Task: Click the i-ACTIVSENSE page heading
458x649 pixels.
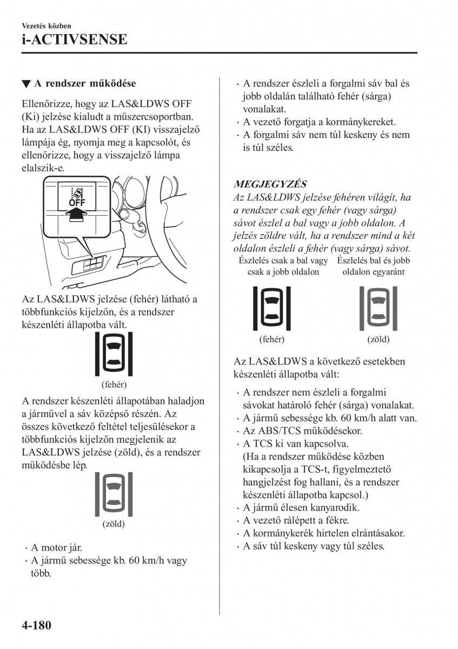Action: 75,39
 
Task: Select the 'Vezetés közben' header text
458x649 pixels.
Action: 47,25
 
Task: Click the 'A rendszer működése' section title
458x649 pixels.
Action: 85,84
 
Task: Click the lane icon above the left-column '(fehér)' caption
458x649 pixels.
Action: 114,354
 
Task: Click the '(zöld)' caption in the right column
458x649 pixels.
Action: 379,340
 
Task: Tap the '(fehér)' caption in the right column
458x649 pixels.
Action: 272,340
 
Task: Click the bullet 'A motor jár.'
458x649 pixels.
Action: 56,547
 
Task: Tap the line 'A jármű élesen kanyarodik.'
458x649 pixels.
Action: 301,508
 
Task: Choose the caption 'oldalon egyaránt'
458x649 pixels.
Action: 374,272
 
